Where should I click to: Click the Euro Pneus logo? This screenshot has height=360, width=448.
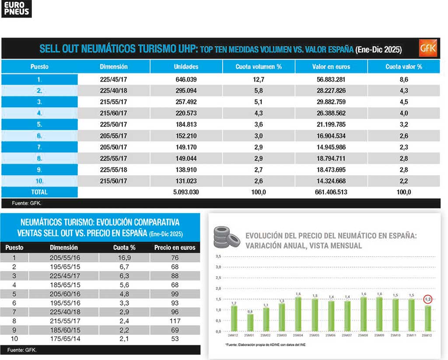pos(17,9)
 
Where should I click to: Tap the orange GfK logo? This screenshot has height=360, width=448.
pos(427,48)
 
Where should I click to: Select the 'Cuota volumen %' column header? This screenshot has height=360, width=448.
pos(259,67)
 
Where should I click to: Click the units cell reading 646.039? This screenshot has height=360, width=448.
pos(186,80)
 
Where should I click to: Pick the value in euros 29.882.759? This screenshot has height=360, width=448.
pos(331,102)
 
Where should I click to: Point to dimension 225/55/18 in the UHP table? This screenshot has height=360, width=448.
pos(113,169)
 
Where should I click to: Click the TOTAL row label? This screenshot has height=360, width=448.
pos(39,192)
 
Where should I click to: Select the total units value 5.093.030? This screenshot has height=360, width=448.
pos(186,192)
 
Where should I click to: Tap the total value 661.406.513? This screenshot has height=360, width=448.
pos(331,192)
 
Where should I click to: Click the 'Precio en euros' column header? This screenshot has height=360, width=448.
pos(175,247)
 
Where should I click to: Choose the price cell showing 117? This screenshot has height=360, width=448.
pos(175,321)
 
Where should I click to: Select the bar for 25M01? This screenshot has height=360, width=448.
pos(250,322)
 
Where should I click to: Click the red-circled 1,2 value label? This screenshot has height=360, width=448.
pos(428,300)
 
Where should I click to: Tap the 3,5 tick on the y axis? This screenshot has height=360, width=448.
pos(218,256)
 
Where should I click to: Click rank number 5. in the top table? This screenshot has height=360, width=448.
pos(39,124)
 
